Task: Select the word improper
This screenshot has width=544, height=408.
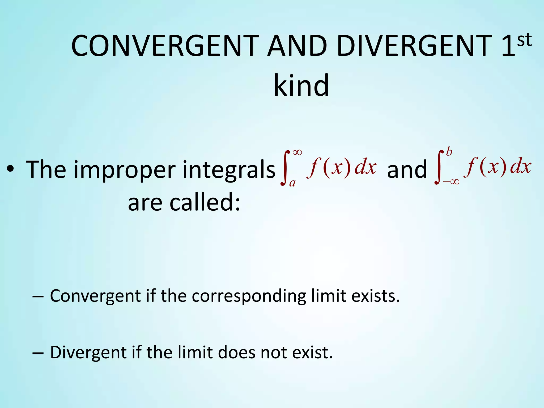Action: click(125, 170)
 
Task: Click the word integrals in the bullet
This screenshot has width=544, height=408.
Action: click(229, 170)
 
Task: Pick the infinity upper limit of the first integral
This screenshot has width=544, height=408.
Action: click(297, 152)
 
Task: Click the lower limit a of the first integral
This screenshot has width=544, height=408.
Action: click(292, 183)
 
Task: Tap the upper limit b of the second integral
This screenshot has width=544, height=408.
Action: click(449, 152)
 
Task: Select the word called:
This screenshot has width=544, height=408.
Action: click(205, 202)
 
